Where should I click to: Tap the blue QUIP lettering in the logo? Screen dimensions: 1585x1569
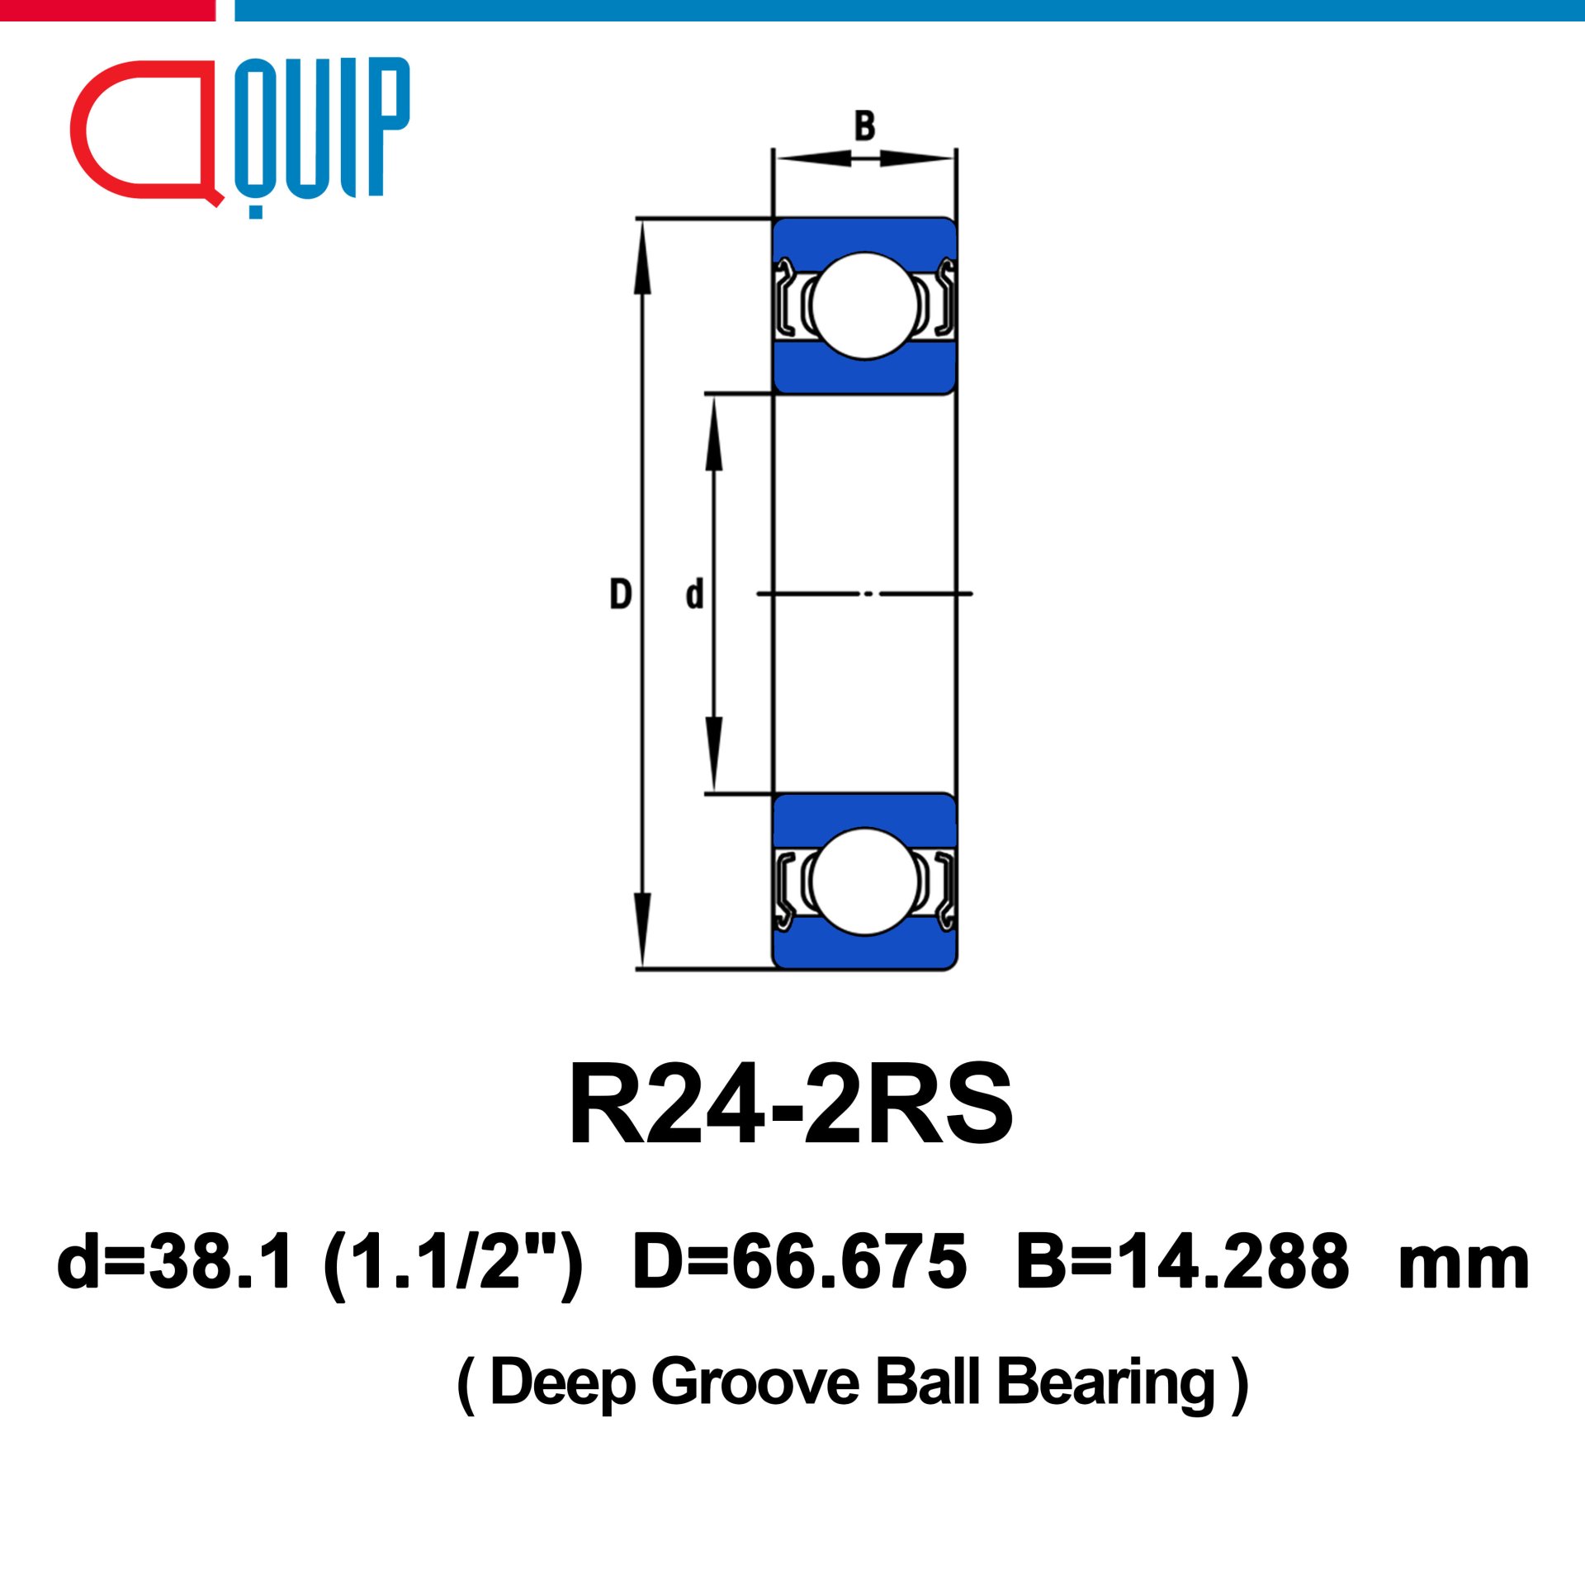(322, 132)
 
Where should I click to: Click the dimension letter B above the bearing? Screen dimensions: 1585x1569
(864, 126)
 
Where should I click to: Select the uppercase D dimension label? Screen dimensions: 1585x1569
(620, 594)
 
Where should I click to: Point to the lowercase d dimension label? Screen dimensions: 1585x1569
(694, 593)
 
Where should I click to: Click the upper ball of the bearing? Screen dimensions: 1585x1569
(864, 305)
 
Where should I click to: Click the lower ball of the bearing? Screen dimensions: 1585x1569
(864, 881)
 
